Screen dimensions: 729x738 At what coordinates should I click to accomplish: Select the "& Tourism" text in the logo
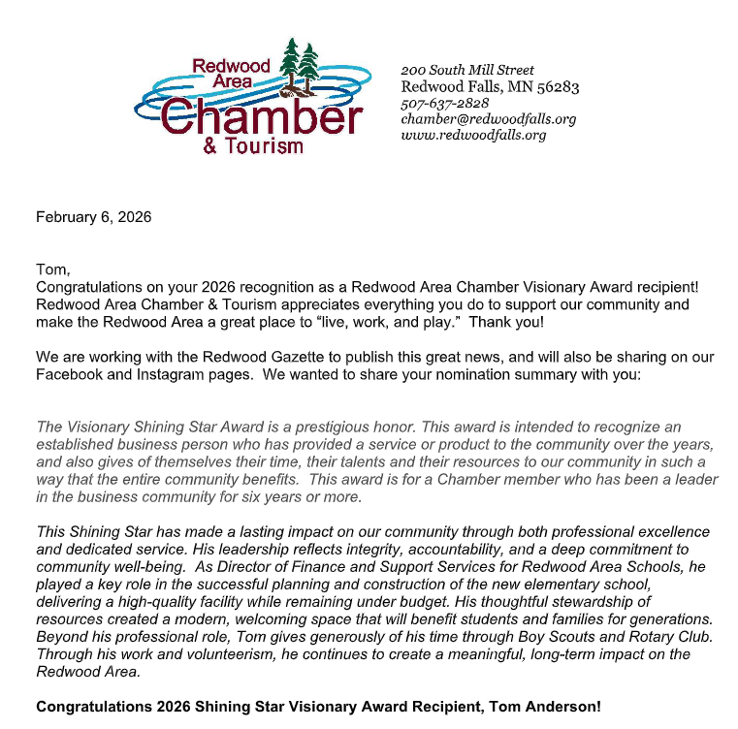click(253, 145)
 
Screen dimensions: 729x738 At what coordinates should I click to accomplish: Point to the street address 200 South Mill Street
click(467, 70)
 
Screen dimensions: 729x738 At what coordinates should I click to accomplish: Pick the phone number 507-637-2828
click(444, 103)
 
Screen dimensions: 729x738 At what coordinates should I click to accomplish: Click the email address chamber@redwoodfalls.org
click(489, 118)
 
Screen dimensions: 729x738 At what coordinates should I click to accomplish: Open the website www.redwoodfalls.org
click(473, 135)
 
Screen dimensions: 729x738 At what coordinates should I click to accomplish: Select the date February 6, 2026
click(93, 217)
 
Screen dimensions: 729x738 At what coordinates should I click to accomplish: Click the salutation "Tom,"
click(53, 269)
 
